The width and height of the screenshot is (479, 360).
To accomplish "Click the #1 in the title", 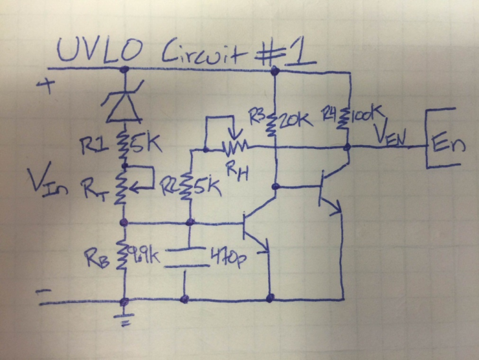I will tap(291, 50).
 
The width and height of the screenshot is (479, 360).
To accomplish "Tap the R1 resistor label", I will tap(93, 146).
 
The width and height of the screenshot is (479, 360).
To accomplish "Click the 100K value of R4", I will tap(366, 117).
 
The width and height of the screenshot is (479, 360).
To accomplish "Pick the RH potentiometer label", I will tap(237, 170).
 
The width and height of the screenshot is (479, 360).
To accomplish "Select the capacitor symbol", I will tap(186, 256).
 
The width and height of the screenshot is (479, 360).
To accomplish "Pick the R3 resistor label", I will tap(256, 115).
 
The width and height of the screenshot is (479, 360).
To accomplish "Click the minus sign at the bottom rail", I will tap(47, 293).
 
